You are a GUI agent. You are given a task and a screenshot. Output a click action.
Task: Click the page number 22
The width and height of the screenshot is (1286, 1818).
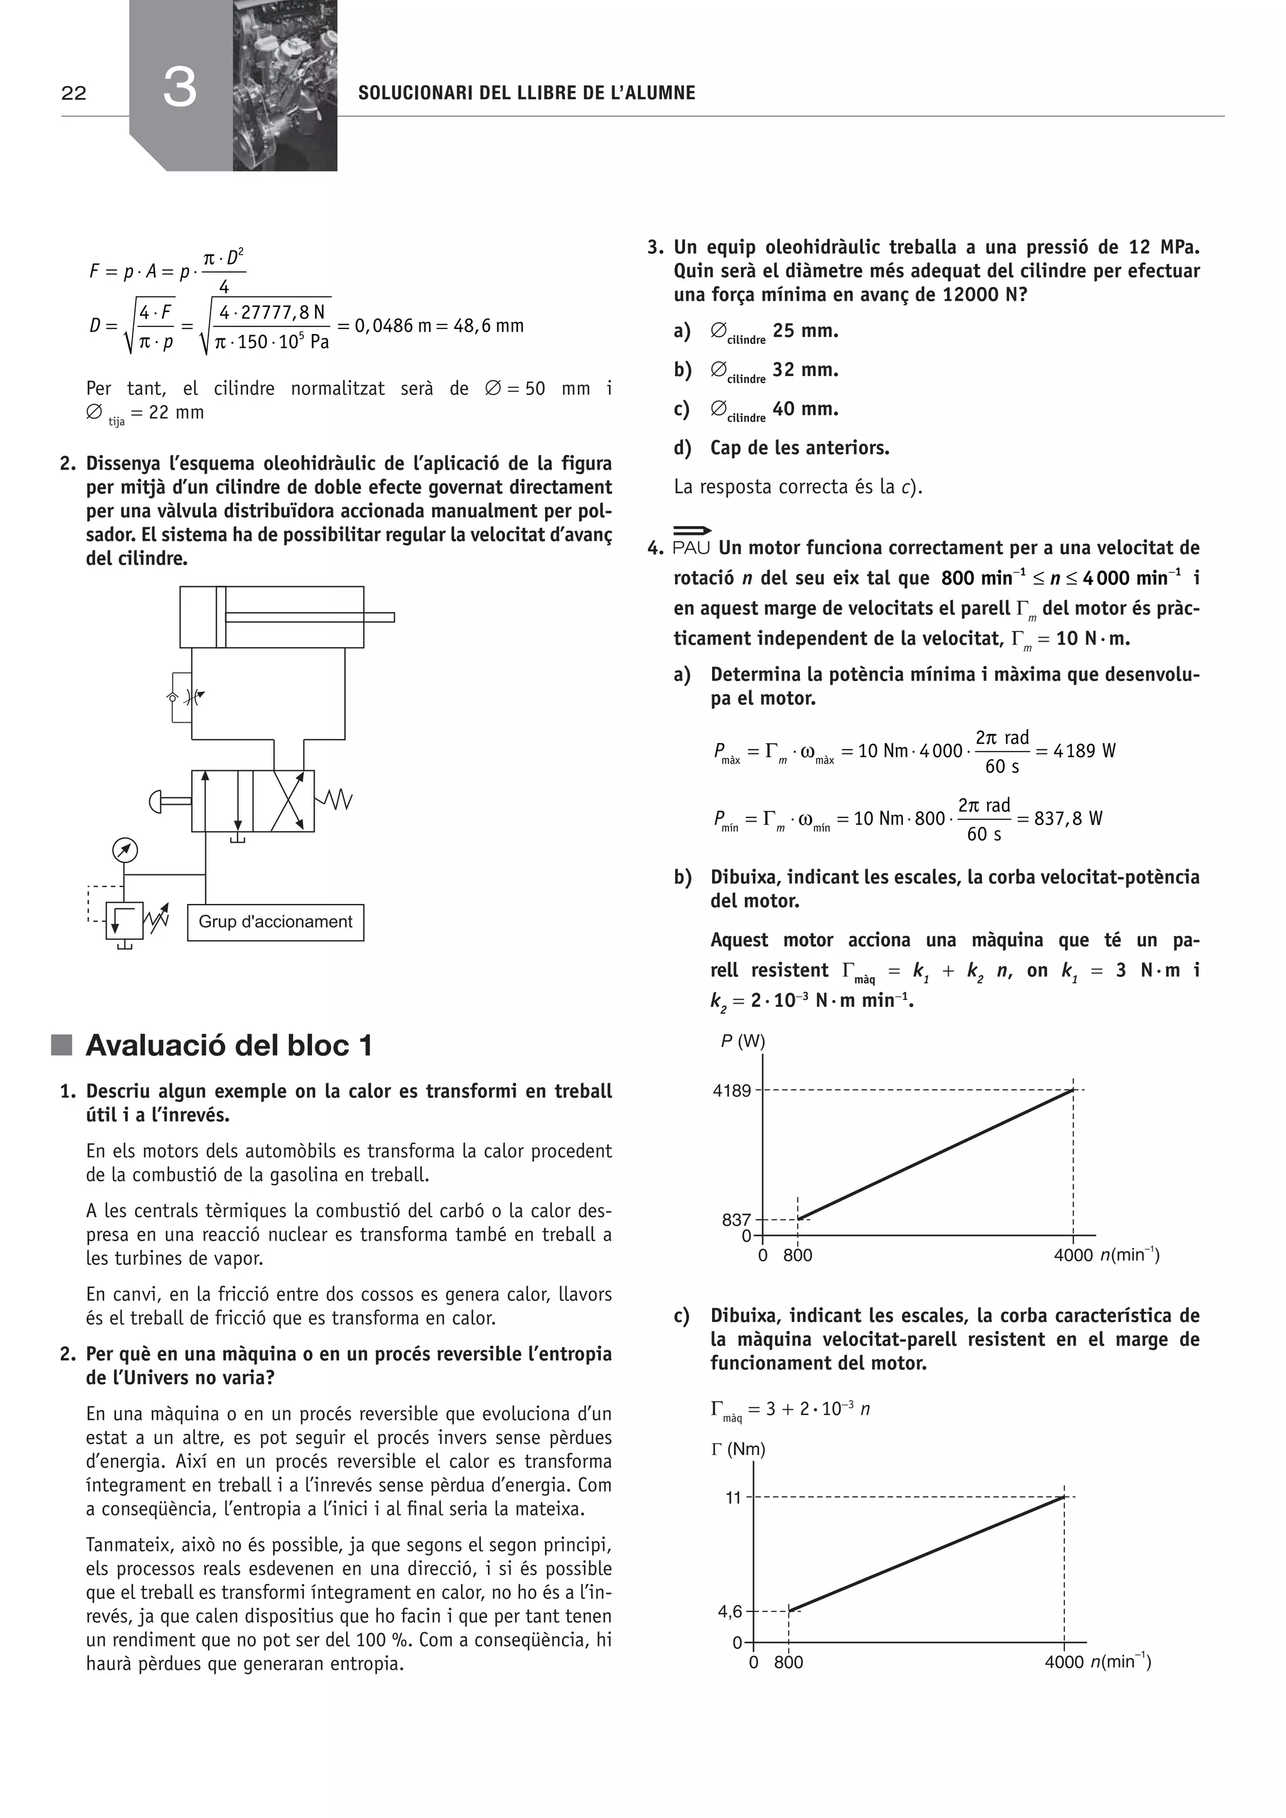[73, 94]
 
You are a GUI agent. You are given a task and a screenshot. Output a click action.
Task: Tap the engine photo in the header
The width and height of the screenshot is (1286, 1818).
[284, 85]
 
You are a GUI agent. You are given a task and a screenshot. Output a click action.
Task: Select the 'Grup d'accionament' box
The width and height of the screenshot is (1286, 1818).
[276, 922]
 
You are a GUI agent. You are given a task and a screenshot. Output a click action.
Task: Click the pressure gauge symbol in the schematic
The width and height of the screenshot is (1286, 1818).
[125, 851]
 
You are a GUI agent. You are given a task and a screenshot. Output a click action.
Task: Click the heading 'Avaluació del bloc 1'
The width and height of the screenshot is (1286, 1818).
[228, 1045]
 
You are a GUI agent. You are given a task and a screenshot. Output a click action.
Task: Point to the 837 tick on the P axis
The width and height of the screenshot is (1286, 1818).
[736, 1220]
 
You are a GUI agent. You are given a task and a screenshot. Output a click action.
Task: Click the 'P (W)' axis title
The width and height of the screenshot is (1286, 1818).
[743, 1041]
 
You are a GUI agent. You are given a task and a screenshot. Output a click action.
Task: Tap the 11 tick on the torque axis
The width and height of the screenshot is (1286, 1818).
[733, 1497]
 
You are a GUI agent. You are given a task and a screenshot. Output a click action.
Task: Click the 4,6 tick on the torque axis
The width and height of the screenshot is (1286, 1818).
[730, 1611]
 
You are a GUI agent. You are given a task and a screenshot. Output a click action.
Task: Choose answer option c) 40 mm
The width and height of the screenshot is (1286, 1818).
[774, 409]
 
